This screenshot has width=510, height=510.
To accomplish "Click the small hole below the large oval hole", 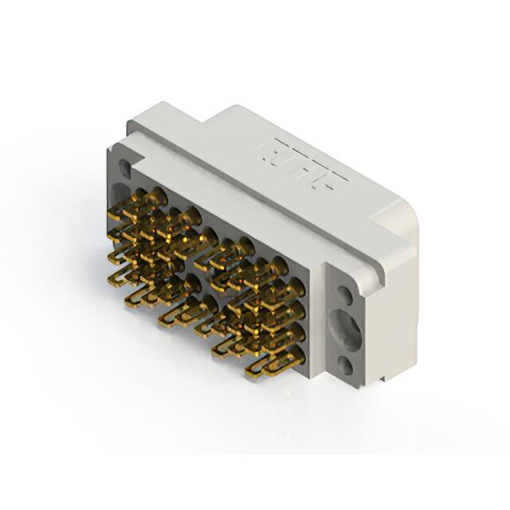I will pos(345,366).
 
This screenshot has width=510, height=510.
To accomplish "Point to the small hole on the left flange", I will pos(124,168).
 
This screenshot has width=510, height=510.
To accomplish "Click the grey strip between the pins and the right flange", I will pos(316,319).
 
